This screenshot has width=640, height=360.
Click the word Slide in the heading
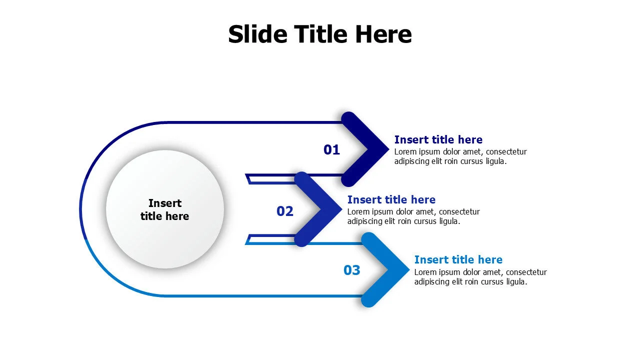(257, 34)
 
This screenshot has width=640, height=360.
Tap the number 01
(331, 149)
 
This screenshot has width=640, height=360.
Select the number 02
(285, 211)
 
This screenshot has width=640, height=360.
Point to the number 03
(351, 270)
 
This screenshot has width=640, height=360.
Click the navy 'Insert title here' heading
(438, 139)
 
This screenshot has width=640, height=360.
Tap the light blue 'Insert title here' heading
(458, 259)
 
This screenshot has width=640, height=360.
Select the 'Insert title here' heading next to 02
(391, 199)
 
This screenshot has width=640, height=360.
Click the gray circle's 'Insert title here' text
(164, 209)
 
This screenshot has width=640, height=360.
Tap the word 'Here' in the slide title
(383, 34)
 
